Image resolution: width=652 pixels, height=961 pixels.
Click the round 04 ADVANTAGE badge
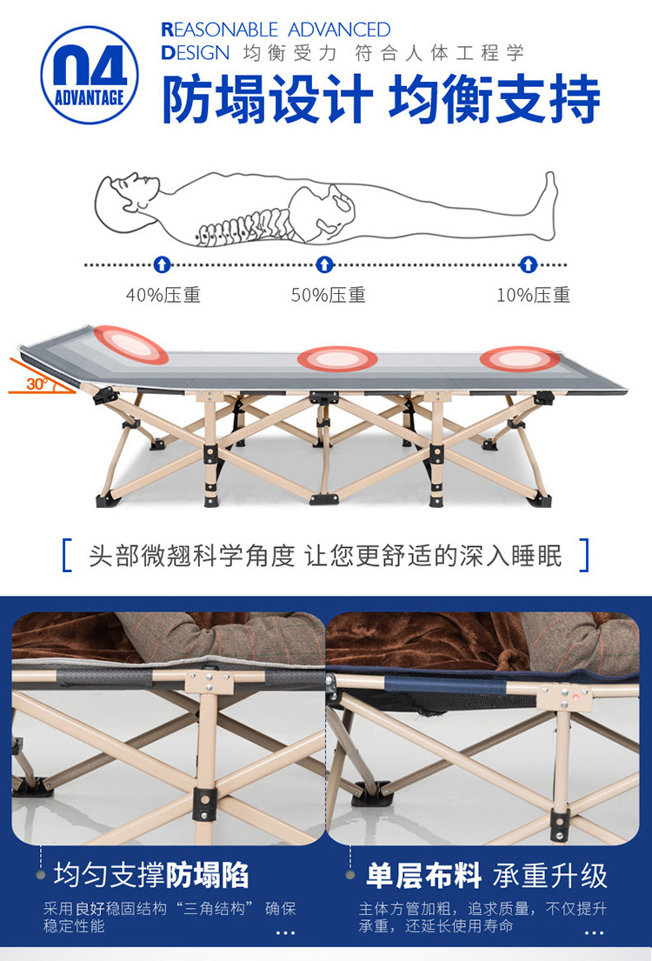click(x=90, y=75)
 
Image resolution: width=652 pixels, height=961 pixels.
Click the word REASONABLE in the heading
click(x=219, y=30)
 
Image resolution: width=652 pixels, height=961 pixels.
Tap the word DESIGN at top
click(x=196, y=53)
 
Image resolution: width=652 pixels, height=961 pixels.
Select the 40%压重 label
click(x=163, y=295)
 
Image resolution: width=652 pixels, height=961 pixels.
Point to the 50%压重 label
click(x=328, y=295)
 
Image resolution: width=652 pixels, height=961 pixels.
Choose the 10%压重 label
click(x=533, y=295)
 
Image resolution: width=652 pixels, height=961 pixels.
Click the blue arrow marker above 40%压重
click(x=162, y=264)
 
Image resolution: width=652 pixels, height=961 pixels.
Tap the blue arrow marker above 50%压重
click(x=324, y=264)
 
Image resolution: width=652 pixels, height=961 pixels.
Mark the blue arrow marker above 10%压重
click(x=529, y=264)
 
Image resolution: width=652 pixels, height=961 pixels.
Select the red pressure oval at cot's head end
click(x=130, y=344)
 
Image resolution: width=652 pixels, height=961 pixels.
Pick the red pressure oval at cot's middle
click(x=337, y=358)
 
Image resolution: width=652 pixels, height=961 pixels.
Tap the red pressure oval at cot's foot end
click(x=520, y=358)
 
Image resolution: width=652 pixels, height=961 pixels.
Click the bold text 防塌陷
click(x=207, y=875)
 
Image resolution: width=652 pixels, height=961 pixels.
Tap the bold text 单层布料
click(x=423, y=875)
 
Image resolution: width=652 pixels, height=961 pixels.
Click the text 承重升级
click(x=549, y=875)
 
